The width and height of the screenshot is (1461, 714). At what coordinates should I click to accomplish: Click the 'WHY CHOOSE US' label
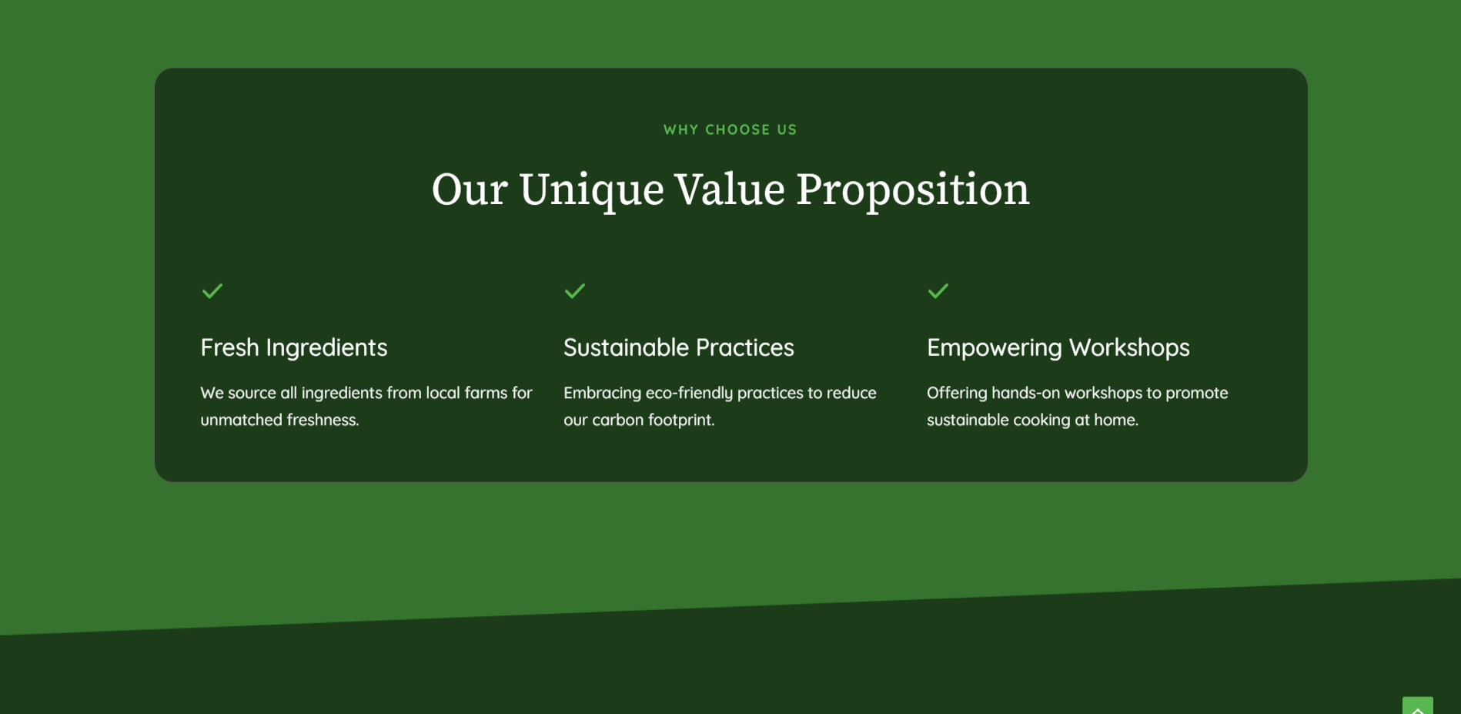point(730,129)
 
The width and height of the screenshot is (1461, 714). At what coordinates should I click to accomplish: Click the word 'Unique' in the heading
point(591,191)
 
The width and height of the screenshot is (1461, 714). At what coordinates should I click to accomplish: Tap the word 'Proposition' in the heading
point(912,191)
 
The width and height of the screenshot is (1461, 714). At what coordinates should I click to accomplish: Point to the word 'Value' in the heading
point(730,189)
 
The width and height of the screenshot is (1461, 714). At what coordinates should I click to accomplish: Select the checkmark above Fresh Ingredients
point(212,291)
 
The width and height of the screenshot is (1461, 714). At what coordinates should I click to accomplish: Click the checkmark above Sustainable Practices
point(574,291)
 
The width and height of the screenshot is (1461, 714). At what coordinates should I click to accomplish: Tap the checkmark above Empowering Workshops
point(938,291)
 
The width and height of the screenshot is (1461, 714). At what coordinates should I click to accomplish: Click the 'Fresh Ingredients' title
point(294,348)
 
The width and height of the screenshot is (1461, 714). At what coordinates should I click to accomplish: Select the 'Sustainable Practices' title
point(678,347)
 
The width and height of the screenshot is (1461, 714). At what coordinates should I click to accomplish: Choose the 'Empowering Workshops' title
point(1058,348)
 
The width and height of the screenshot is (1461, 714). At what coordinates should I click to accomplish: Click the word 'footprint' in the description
point(680,421)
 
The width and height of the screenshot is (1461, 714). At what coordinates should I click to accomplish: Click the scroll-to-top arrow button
point(1417,706)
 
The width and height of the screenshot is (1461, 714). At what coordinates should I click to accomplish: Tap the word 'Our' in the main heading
point(470,189)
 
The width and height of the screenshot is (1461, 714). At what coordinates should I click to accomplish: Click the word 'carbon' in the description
point(617,420)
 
